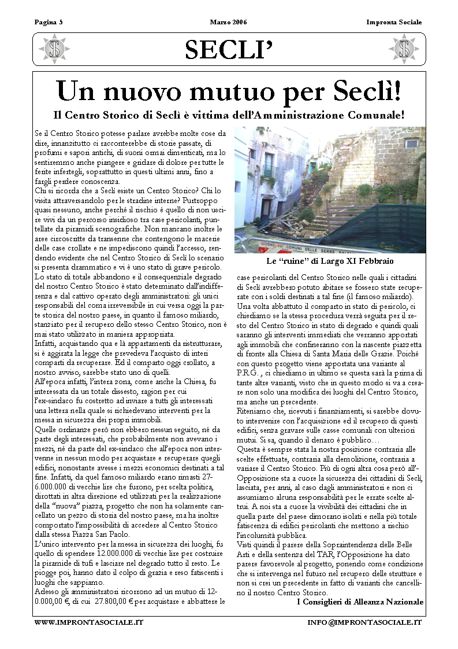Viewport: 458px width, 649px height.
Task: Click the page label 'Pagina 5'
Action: pyautogui.click(x=49, y=23)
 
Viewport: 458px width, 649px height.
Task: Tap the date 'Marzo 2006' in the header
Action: pyautogui.click(x=228, y=23)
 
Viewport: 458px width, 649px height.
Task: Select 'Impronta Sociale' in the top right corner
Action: pyautogui.click(x=394, y=23)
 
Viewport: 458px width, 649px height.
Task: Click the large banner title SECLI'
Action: pyautogui.click(x=229, y=50)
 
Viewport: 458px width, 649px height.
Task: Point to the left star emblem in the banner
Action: pyautogui.click(x=56, y=49)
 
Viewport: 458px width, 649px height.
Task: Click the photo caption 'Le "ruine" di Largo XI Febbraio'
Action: pyautogui.click(x=330, y=261)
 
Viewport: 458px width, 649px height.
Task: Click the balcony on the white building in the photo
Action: pyautogui.click(x=270, y=171)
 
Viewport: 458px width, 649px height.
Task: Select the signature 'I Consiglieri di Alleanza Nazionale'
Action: pyautogui.click(x=360, y=602)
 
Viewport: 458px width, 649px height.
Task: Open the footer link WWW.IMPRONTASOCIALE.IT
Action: pyautogui.click(x=88, y=622)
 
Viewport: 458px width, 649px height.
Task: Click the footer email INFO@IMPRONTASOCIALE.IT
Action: pyautogui.click(x=364, y=622)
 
